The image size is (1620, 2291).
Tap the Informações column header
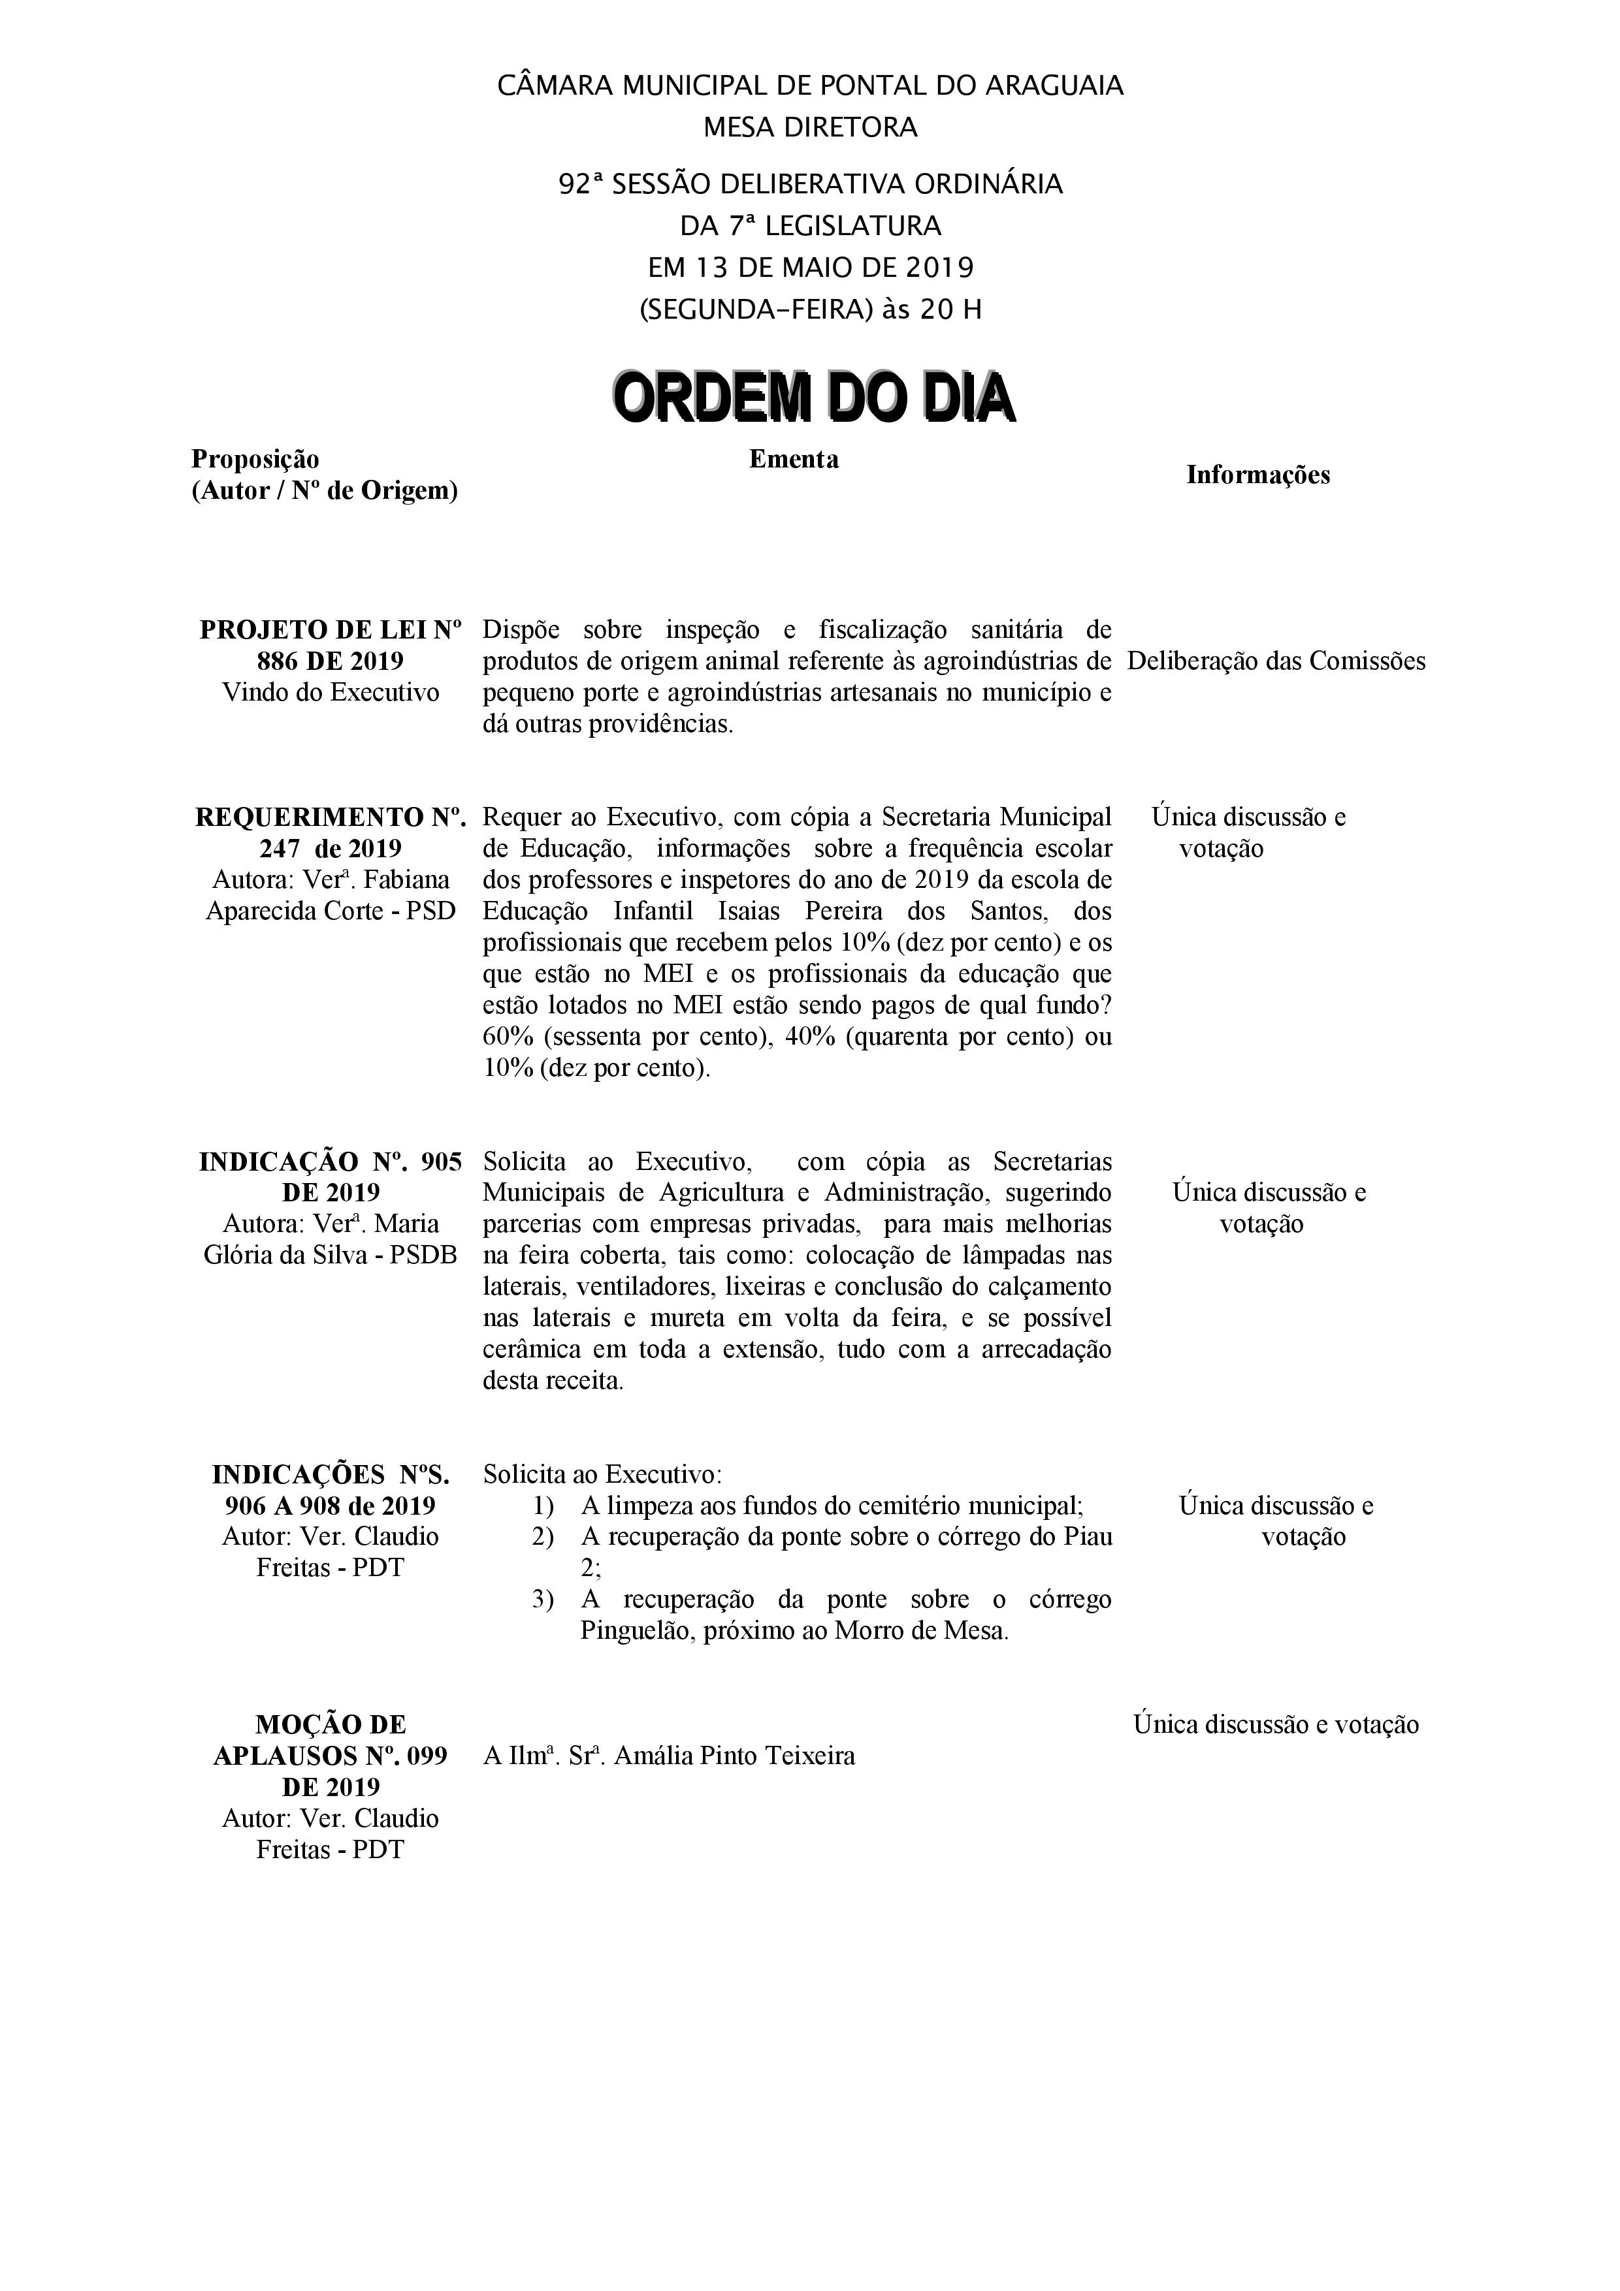tap(1257, 475)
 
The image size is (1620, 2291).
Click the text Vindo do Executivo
tap(331, 693)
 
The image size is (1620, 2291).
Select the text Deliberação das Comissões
tap(1276, 661)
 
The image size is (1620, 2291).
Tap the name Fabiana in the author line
tap(412, 880)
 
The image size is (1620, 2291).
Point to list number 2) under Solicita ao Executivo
tap(543, 1537)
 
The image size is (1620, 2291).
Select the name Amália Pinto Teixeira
tap(735, 1756)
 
